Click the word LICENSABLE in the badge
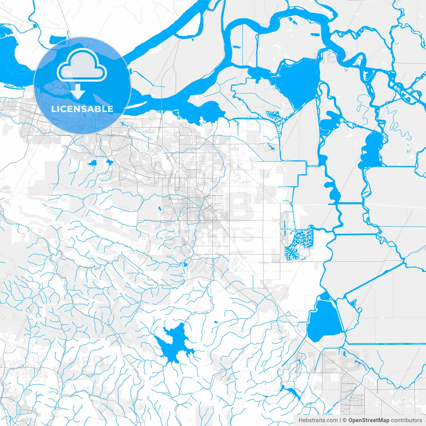82,109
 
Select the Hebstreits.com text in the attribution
318,420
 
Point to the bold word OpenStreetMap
369,420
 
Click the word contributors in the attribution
406,420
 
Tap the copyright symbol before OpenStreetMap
345,420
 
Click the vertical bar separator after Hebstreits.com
340,420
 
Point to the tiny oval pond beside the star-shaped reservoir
216,322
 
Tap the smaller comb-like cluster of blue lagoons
274,115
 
